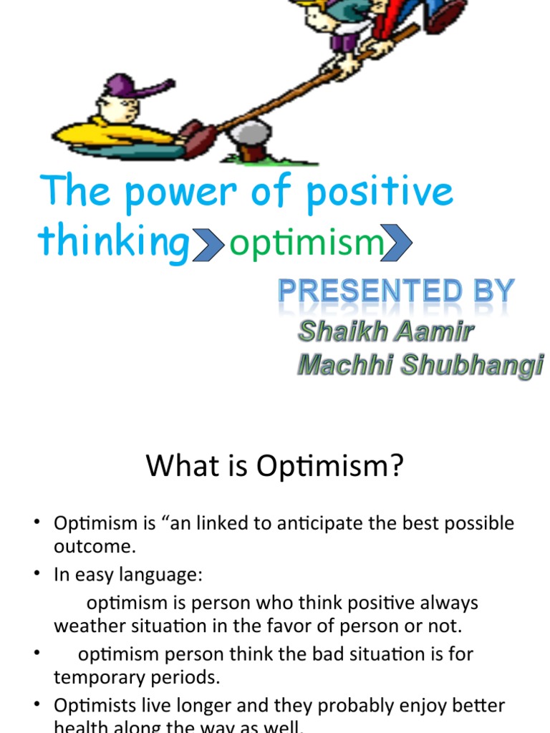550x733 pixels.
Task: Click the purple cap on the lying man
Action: click(x=129, y=87)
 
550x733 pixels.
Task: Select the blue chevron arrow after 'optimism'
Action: click(x=399, y=245)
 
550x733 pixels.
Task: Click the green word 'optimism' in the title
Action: click(x=307, y=245)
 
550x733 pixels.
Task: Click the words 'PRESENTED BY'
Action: click(x=396, y=292)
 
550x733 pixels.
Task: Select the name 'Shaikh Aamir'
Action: click(x=385, y=331)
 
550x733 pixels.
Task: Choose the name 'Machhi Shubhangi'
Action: click(x=420, y=365)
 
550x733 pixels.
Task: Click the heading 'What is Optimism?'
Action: click(x=275, y=467)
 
